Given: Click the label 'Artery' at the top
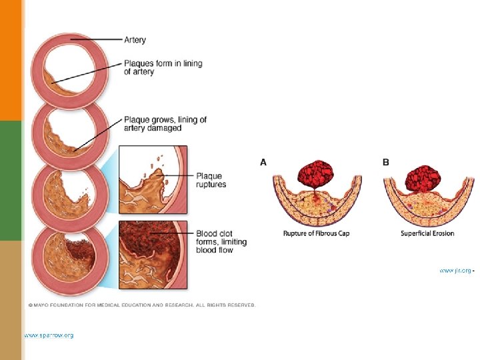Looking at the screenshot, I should (135, 40).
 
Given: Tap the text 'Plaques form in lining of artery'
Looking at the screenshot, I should (163, 67).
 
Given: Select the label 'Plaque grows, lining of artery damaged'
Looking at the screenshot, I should (165, 124).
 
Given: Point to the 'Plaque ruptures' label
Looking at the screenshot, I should (211, 180).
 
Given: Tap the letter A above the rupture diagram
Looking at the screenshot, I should (263, 162).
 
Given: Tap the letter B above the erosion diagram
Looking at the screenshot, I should (385, 162).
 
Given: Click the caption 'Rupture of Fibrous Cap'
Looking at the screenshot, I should (316, 233).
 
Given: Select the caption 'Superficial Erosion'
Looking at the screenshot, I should (427, 233).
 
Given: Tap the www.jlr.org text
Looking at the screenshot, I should (455, 271).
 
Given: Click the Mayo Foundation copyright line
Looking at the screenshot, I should (141, 305).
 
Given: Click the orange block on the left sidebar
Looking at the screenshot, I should (11, 60).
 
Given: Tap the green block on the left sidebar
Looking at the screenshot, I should (11, 180).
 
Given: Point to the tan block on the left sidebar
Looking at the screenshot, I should (11, 300).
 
